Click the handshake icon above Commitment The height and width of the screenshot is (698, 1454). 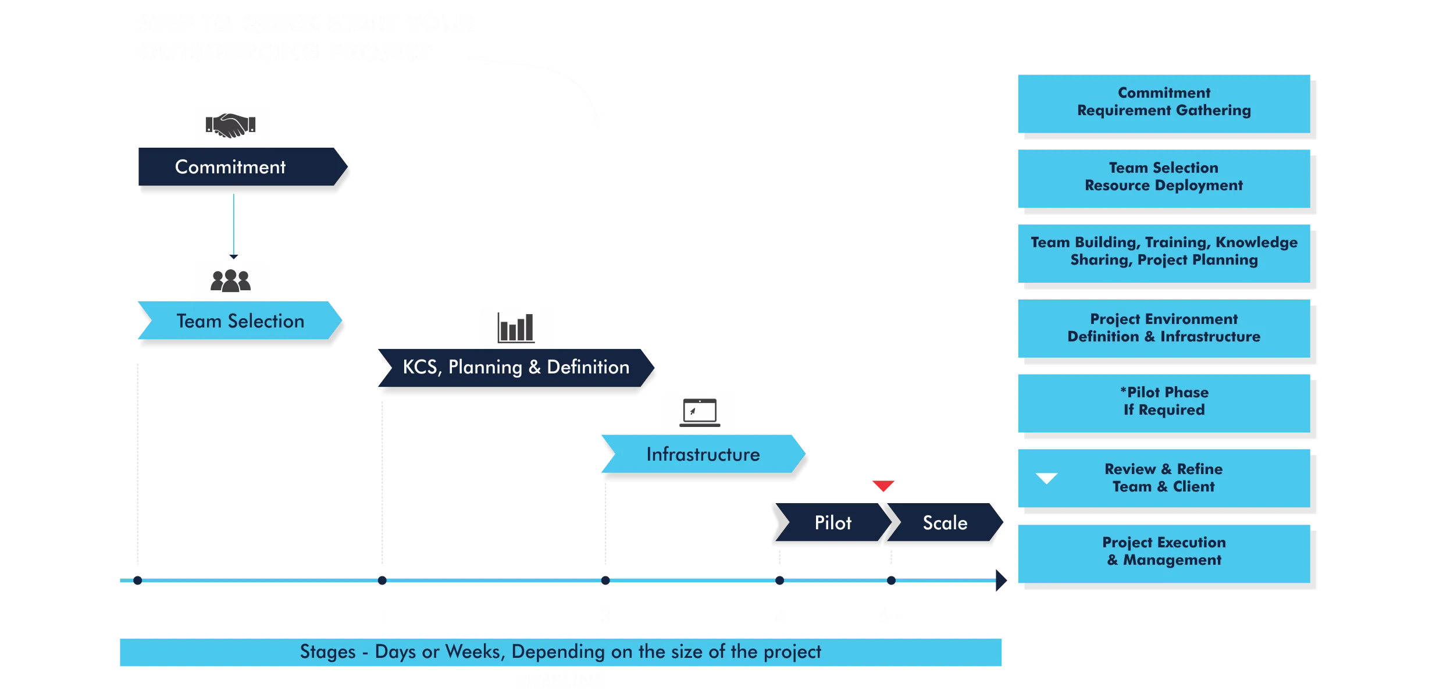pos(230,125)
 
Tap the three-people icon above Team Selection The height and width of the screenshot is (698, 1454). pos(230,280)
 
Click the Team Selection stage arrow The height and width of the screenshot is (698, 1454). pos(240,321)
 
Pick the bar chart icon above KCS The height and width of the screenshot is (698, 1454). pos(515,327)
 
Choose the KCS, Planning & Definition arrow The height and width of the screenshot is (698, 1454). pos(515,367)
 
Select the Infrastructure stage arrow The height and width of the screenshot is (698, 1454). pos(703,454)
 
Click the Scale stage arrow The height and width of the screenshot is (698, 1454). pos(945,523)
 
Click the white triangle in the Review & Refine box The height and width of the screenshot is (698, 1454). pos(1046,478)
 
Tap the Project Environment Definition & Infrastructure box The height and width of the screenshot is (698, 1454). pos(1163,328)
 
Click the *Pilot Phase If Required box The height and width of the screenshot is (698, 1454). pos(1163,402)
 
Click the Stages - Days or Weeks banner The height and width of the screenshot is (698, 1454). pos(560,652)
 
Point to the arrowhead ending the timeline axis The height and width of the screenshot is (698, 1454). pos(1002,581)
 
